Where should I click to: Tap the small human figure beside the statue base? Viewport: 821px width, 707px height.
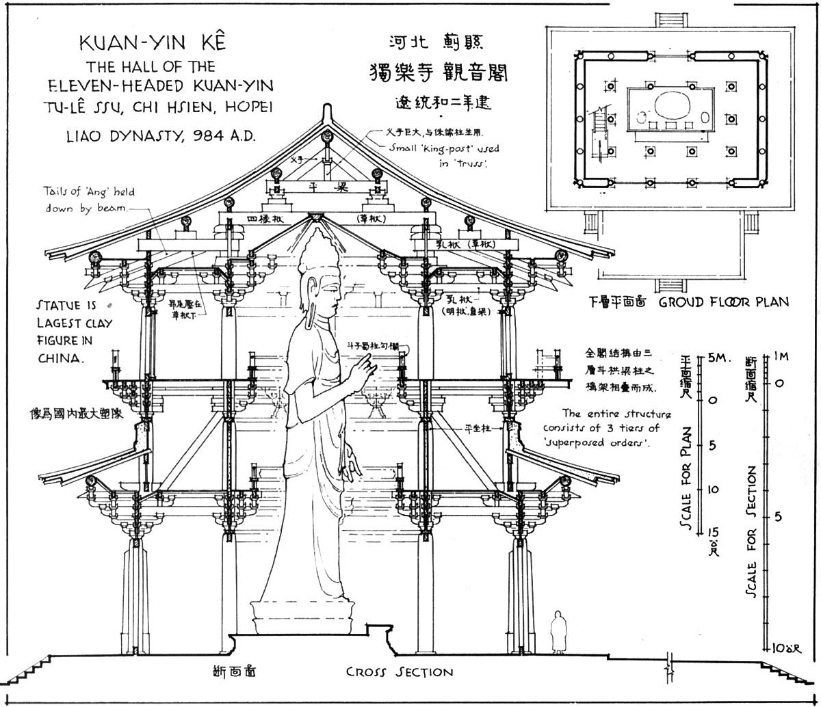[x=558, y=632]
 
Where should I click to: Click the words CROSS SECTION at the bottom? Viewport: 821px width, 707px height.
[x=400, y=672]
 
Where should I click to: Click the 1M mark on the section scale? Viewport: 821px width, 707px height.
[x=782, y=356]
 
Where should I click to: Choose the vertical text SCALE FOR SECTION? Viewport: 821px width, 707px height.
[x=751, y=533]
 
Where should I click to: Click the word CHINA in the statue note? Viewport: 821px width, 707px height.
[x=60, y=358]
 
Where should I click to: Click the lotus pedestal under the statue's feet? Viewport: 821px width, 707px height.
[x=303, y=615]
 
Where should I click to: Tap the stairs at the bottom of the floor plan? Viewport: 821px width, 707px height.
[x=667, y=285]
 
